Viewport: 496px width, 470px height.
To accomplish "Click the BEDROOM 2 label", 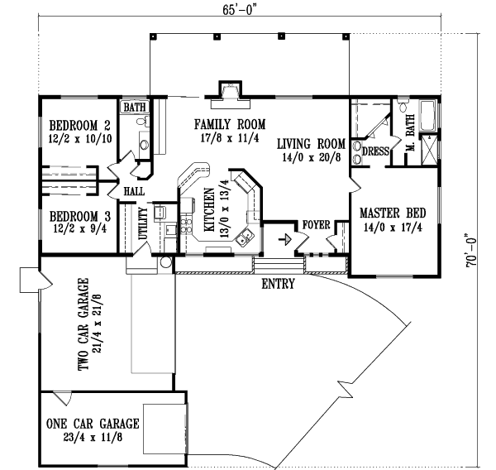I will pos(79,126).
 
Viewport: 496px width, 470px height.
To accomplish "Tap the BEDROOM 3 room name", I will pos(79,213).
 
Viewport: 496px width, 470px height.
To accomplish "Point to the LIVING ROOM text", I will pos(310,141).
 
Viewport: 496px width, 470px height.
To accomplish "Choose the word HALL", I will pos(135,191).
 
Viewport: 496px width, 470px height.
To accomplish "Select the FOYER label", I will pos(316,224).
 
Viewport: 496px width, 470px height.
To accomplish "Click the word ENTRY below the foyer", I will pos(279,285).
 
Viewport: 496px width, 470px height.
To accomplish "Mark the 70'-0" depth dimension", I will pos(472,248).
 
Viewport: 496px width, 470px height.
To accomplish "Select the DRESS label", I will pos(375,151).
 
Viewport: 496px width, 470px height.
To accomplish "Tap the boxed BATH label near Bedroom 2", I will pos(133,108).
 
